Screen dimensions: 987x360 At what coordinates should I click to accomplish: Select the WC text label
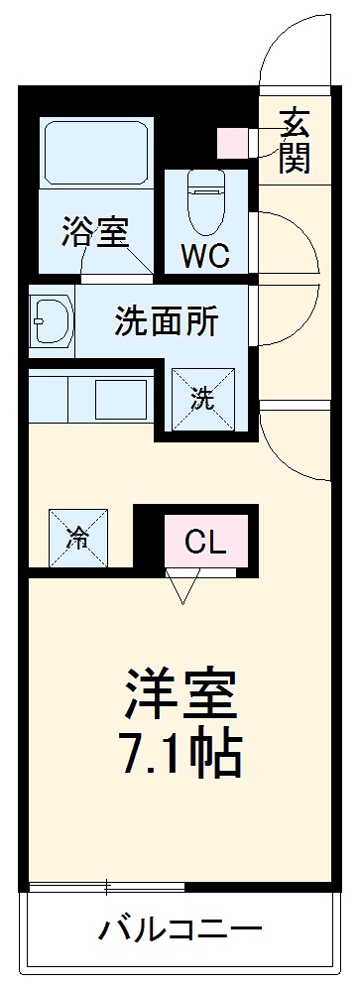[x=205, y=256]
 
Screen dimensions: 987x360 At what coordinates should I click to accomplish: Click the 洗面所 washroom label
[x=166, y=321]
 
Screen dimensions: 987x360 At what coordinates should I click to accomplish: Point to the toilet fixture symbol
[x=206, y=192]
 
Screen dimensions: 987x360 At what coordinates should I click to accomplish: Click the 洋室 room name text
[x=180, y=694]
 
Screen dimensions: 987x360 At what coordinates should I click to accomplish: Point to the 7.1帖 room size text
[x=180, y=754]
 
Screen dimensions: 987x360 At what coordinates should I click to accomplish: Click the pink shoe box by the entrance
[x=234, y=143]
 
